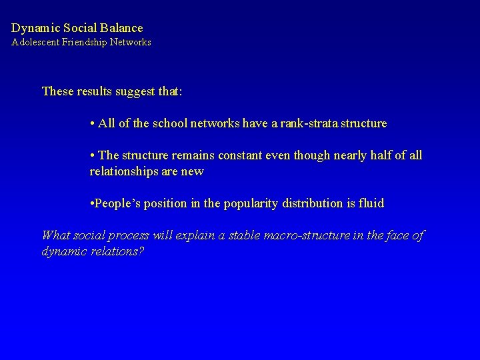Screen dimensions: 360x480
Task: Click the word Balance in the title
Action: (x=121, y=28)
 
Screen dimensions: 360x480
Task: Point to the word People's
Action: (x=119, y=203)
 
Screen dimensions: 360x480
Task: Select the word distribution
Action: (x=321, y=203)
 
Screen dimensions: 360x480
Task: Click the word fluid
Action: (x=371, y=203)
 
